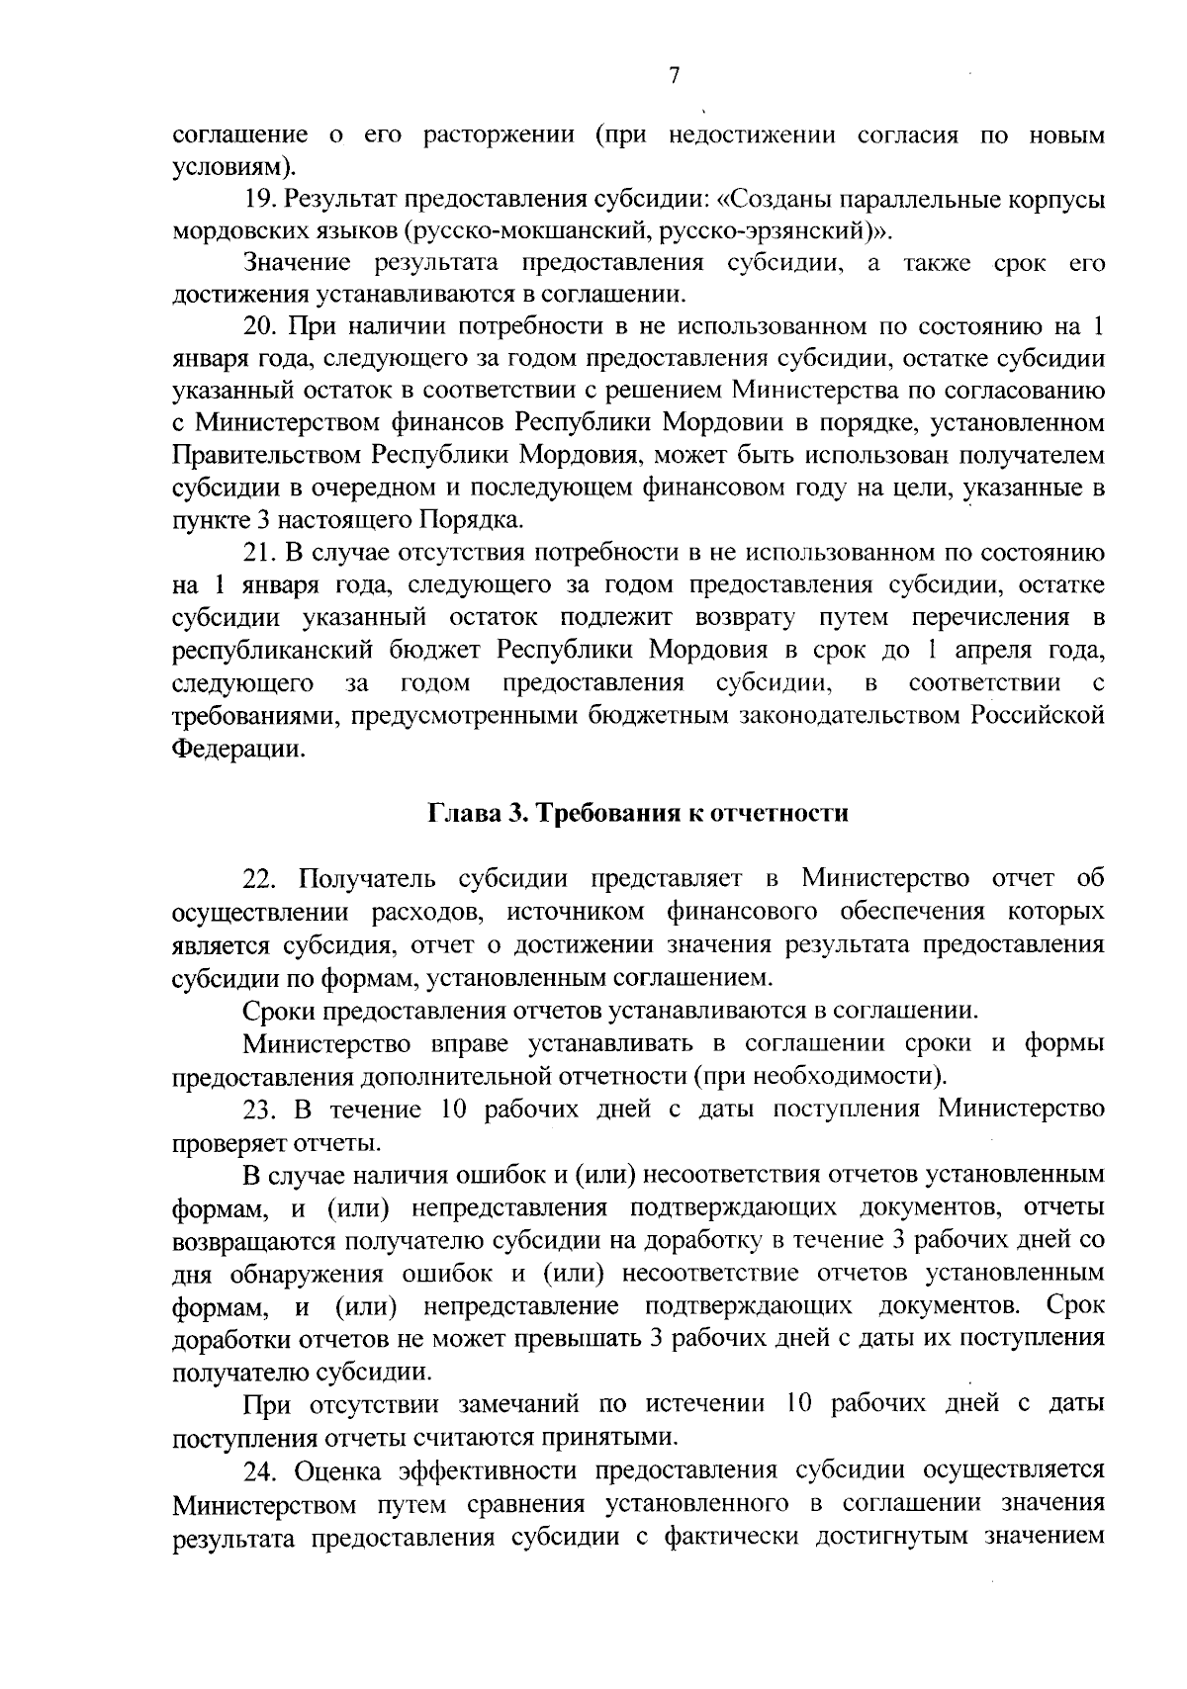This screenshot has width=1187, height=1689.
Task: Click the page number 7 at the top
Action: [673, 77]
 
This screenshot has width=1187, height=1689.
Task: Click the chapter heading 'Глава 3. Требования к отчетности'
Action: [638, 813]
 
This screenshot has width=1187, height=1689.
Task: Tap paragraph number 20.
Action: [262, 326]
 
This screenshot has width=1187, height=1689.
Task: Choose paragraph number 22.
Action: [263, 878]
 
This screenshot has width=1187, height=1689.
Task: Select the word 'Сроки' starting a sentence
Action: [279, 1011]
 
